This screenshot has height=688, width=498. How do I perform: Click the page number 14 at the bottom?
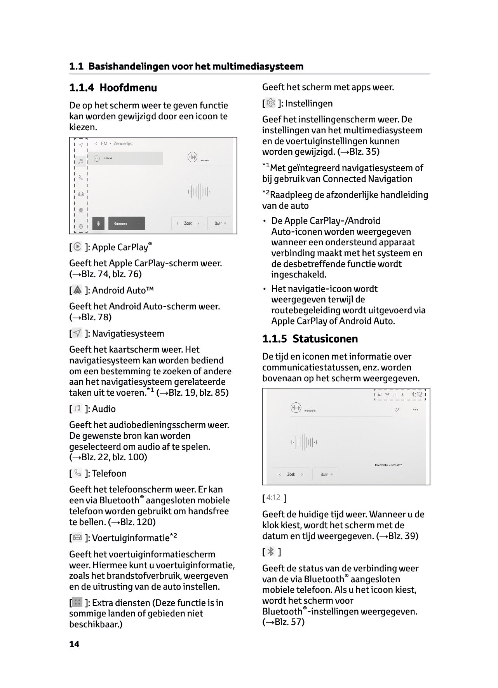pyautogui.click(x=74, y=644)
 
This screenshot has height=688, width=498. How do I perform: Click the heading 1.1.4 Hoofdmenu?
pyautogui.click(x=113, y=88)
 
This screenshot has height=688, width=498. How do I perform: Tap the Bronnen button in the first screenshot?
pyautogui.click(x=126, y=224)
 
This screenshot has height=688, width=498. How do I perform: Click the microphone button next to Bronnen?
pyautogui.click(x=98, y=224)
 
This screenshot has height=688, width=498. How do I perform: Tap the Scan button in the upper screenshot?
pyautogui.click(x=219, y=224)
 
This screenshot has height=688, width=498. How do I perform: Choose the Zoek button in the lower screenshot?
pyautogui.click(x=291, y=474)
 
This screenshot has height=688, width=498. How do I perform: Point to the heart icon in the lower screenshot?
pyautogui.click(x=397, y=410)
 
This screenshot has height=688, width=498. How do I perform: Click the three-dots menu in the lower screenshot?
pyautogui.click(x=416, y=410)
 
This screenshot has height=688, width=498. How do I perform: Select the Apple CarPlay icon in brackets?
pyautogui.click(x=78, y=247)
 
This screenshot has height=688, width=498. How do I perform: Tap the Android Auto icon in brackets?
pyautogui.click(x=78, y=290)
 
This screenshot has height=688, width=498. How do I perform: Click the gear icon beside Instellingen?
pyautogui.click(x=271, y=103)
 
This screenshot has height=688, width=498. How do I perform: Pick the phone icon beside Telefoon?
pyautogui.click(x=78, y=473)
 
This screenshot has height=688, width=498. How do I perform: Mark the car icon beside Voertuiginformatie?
pyautogui.click(x=78, y=538)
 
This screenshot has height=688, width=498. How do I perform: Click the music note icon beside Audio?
pyautogui.click(x=78, y=409)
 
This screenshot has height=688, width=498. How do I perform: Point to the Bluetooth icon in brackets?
pyautogui.click(x=271, y=552)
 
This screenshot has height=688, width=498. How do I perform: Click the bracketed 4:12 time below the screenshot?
pyautogui.click(x=273, y=497)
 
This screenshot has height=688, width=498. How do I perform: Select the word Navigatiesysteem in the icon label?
pyautogui.click(x=128, y=334)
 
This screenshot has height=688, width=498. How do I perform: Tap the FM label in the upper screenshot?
pyautogui.click(x=104, y=143)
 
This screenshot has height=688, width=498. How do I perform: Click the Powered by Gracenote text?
pyautogui.click(x=388, y=464)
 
